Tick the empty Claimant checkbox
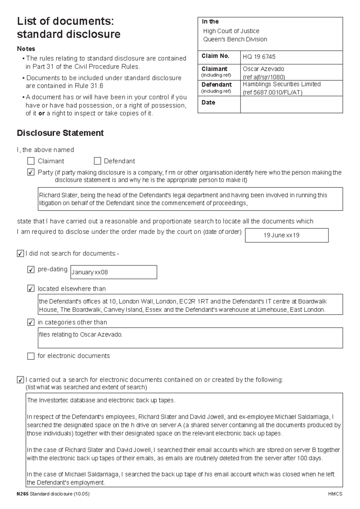[x=31, y=161]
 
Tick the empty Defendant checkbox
[x=97, y=161]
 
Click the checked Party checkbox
[x=31, y=173]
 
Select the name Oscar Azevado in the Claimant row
[x=263, y=69]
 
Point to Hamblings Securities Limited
[x=281, y=84]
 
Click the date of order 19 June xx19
[x=281, y=235]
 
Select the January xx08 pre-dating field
[x=113, y=272]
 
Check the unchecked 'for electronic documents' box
[x=31, y=356]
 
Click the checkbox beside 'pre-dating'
[x=31, y=270]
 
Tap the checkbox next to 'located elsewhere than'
[x=31, y=289]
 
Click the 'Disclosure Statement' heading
[x=60, y=133]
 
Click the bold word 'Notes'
[x=26, y=49]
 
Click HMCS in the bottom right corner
[x=335, y=494]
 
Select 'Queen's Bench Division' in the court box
[x=235, y=39]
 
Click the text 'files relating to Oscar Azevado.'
[x=81, y=334]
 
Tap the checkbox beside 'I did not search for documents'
[x=20, y=254]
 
